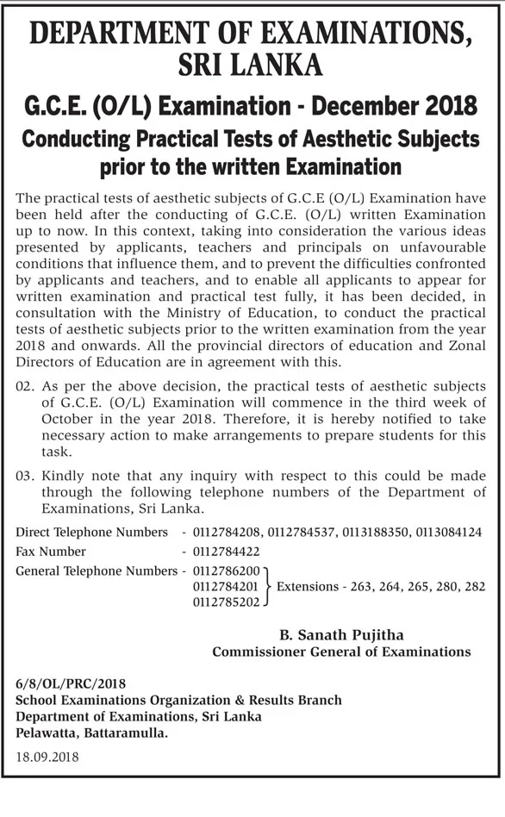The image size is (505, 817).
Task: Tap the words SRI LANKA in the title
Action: coord(251,65)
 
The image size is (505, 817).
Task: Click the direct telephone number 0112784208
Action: coord(228,533)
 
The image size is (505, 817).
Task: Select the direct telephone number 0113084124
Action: coord(449,533)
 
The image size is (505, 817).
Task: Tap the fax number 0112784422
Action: coord(228,552)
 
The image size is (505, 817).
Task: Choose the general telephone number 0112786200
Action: coord(228,571)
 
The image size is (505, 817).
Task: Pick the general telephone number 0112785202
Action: coord(228,602)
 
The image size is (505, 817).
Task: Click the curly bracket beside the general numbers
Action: coord(269,587)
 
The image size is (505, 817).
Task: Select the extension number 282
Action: coord(474,587)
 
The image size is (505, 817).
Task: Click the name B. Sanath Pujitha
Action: coord(341,635)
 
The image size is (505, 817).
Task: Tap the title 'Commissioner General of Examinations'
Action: coord(341,652)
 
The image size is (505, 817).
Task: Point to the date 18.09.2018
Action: coord(47,757)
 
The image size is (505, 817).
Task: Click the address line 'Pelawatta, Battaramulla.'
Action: coord(92,733)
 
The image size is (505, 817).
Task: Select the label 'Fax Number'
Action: coord(51,552)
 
